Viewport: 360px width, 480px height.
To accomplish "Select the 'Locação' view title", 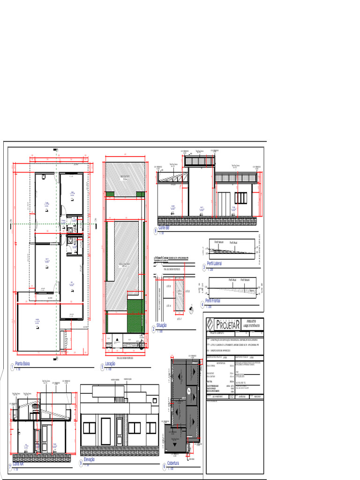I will point(110,364).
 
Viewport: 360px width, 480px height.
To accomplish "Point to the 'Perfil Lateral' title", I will point(214,264).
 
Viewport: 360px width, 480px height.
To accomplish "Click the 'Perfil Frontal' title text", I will point(214,300).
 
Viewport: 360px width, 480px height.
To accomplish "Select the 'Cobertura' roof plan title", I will point(173,463).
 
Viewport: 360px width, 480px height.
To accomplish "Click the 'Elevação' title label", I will point(89,459).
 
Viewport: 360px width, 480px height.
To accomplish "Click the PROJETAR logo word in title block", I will point(228,324).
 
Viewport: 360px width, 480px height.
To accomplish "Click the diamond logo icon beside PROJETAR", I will point(210,324).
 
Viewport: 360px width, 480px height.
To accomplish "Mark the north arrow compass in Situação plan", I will point(191,309).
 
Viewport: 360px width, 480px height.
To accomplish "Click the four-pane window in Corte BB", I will point(240,198).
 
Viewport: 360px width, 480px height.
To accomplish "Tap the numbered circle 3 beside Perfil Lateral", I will point(204,267).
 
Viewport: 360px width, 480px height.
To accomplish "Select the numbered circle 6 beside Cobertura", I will point(164,466).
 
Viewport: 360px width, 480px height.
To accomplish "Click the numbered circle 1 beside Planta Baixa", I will point(12,367).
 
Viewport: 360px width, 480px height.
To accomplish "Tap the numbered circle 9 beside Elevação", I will point(81,463).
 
